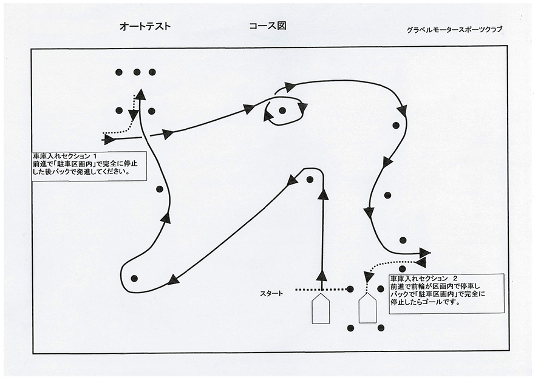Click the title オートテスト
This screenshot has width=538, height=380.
(x=145, y=27)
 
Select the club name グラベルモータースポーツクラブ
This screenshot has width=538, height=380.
(x=456, y=29)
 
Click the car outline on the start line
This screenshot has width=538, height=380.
(x=320, y=310)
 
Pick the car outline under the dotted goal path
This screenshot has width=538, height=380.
(x=366, y=310)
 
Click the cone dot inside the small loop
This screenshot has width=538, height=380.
(x=282, y=110)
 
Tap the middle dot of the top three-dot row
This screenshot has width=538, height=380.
(x=137, y=72)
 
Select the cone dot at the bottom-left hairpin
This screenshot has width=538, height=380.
(x=134, y=278)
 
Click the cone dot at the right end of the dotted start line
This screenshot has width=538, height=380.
(x=350, y=290)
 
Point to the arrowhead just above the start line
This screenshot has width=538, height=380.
(x=322, y=276)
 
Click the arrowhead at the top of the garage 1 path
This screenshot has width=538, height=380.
(x=140, y=94)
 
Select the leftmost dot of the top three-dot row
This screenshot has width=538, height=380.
(x=120, y=72)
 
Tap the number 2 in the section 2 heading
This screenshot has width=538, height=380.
(x=455, y=278)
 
